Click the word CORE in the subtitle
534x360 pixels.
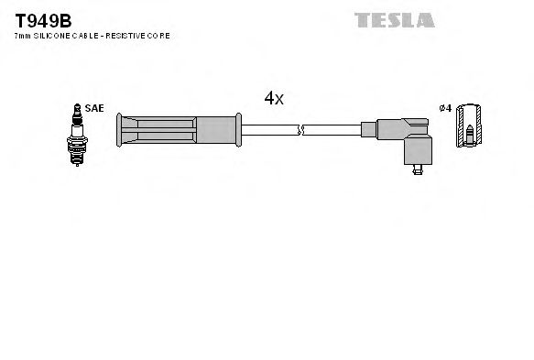161,36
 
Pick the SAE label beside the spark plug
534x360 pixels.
93,108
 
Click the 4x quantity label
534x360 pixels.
274,99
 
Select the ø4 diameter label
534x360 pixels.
445,108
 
